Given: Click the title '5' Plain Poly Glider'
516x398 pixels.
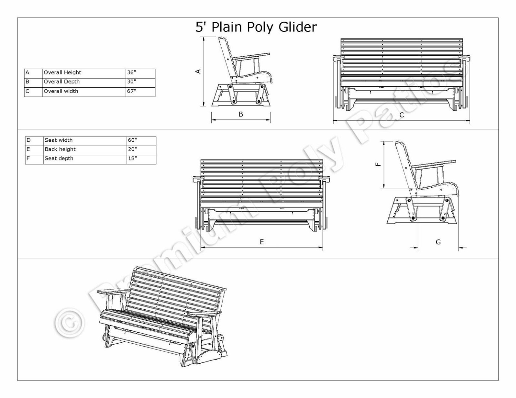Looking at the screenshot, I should coord(256,27).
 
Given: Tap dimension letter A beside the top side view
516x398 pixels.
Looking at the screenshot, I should coord(198,71).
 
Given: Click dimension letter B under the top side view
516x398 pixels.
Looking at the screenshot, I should coord(241,114).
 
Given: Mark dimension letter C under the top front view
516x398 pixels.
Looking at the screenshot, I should coord(402,115).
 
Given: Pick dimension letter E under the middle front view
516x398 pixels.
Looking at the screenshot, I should coord(262,242).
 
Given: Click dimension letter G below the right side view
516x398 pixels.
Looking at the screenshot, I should coord(438,242).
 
